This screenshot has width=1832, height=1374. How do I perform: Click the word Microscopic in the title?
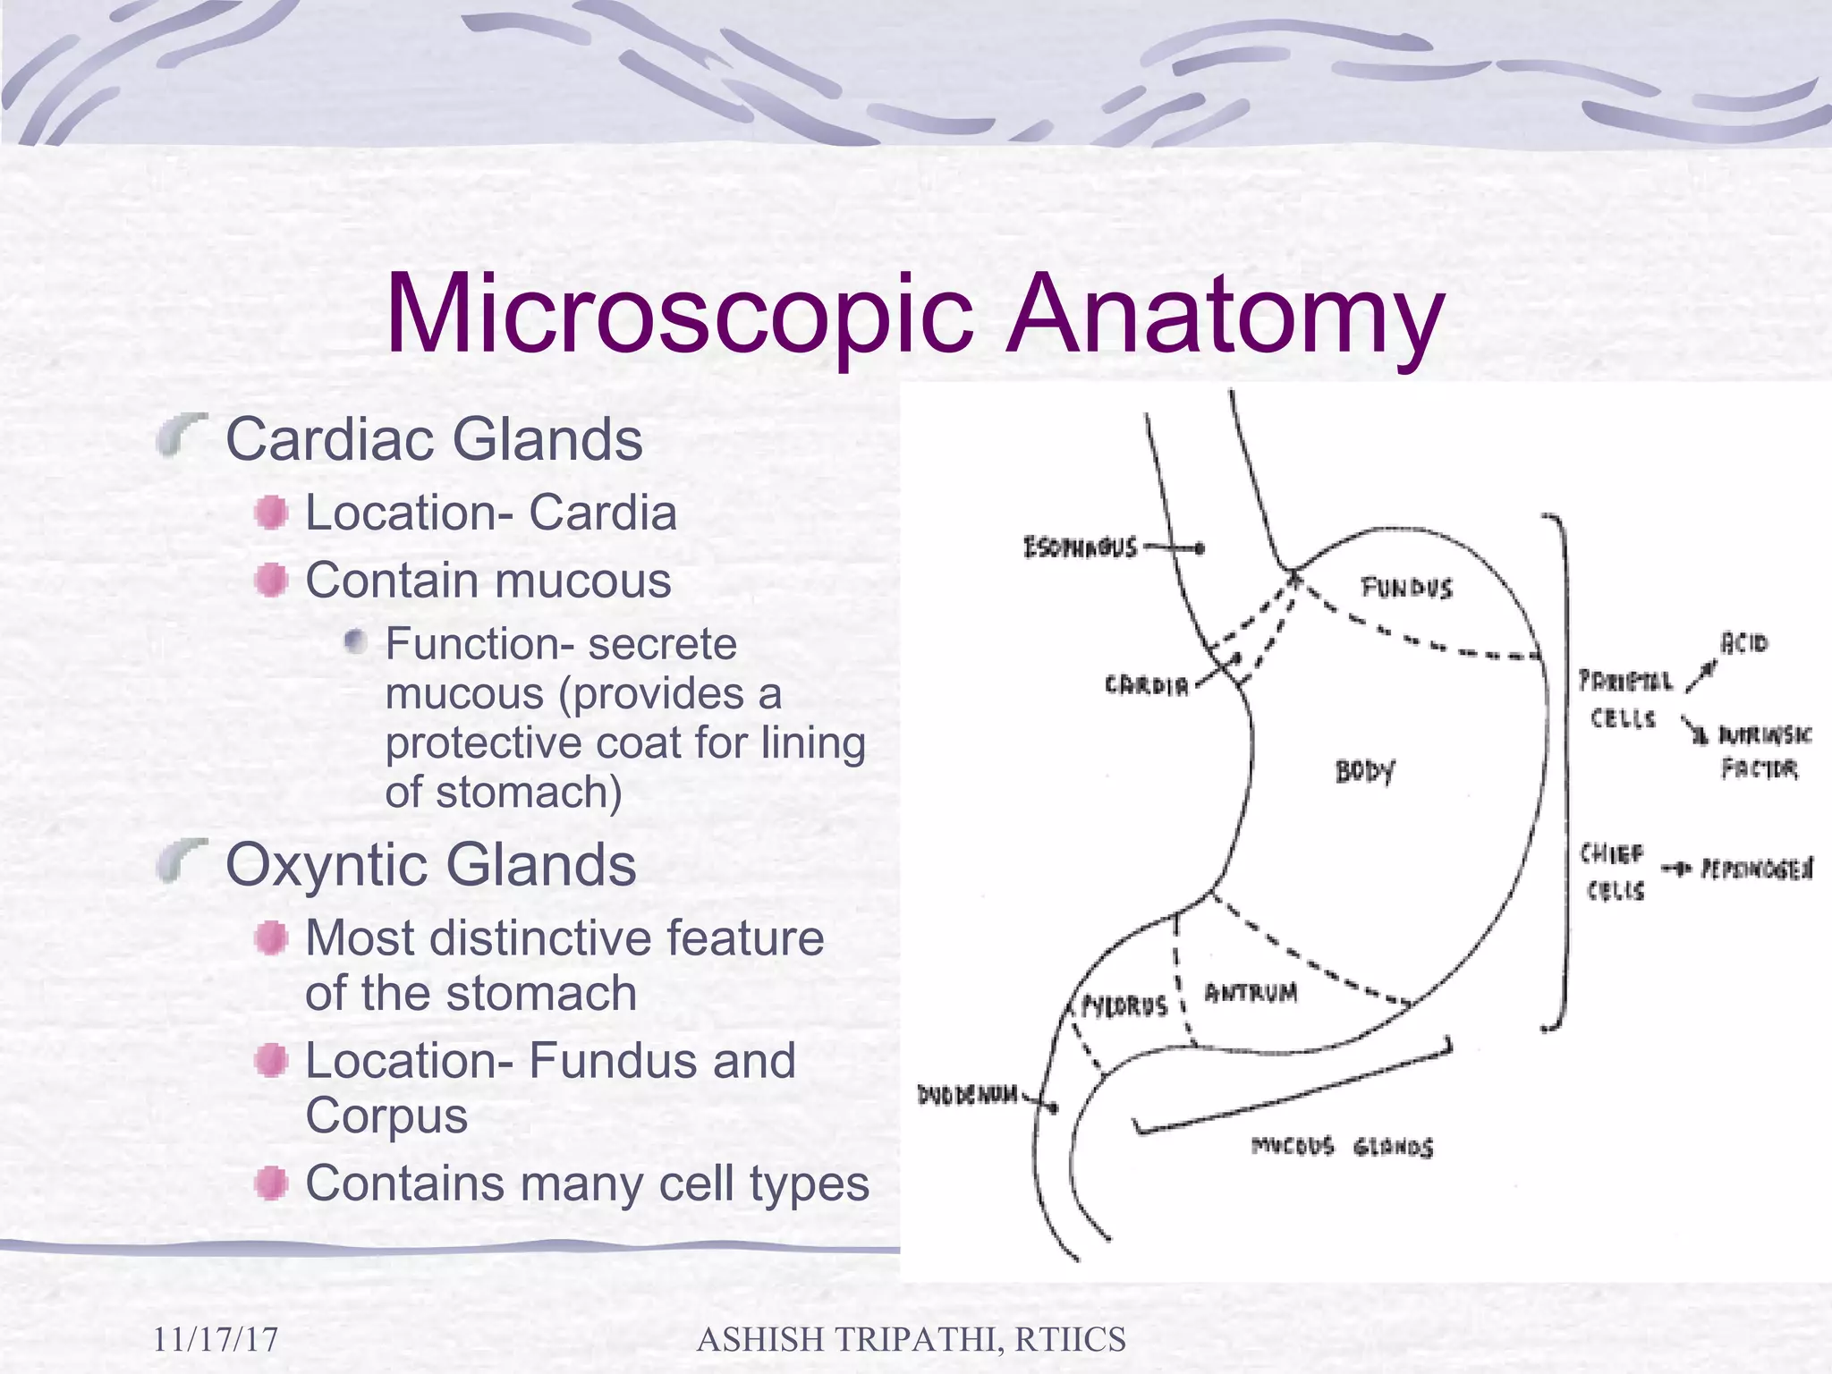680,315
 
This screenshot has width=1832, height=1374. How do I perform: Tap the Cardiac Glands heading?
434,439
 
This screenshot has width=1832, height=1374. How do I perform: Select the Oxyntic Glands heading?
430,865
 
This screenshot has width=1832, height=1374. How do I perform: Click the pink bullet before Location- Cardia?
271,513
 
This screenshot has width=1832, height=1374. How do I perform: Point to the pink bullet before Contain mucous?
271,581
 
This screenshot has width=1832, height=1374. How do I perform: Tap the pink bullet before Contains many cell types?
271,1183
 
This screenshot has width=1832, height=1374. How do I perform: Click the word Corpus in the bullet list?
386,1115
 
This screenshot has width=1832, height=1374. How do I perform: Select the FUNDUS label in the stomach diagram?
1406,588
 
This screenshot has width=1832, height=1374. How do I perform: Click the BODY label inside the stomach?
1365,771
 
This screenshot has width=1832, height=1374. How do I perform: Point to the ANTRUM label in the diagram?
1251,993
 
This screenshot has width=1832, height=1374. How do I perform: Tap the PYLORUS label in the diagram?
1125,1006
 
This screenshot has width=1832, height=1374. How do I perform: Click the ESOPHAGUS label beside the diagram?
1081,547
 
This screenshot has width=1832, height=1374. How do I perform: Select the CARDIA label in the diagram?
1147,686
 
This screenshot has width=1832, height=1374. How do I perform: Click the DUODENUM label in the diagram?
968,1095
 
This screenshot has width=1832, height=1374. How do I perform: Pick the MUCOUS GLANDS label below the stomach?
1342,1147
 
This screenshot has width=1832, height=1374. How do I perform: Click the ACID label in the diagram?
1744,643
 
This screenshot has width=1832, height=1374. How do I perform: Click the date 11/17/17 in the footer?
216,1339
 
